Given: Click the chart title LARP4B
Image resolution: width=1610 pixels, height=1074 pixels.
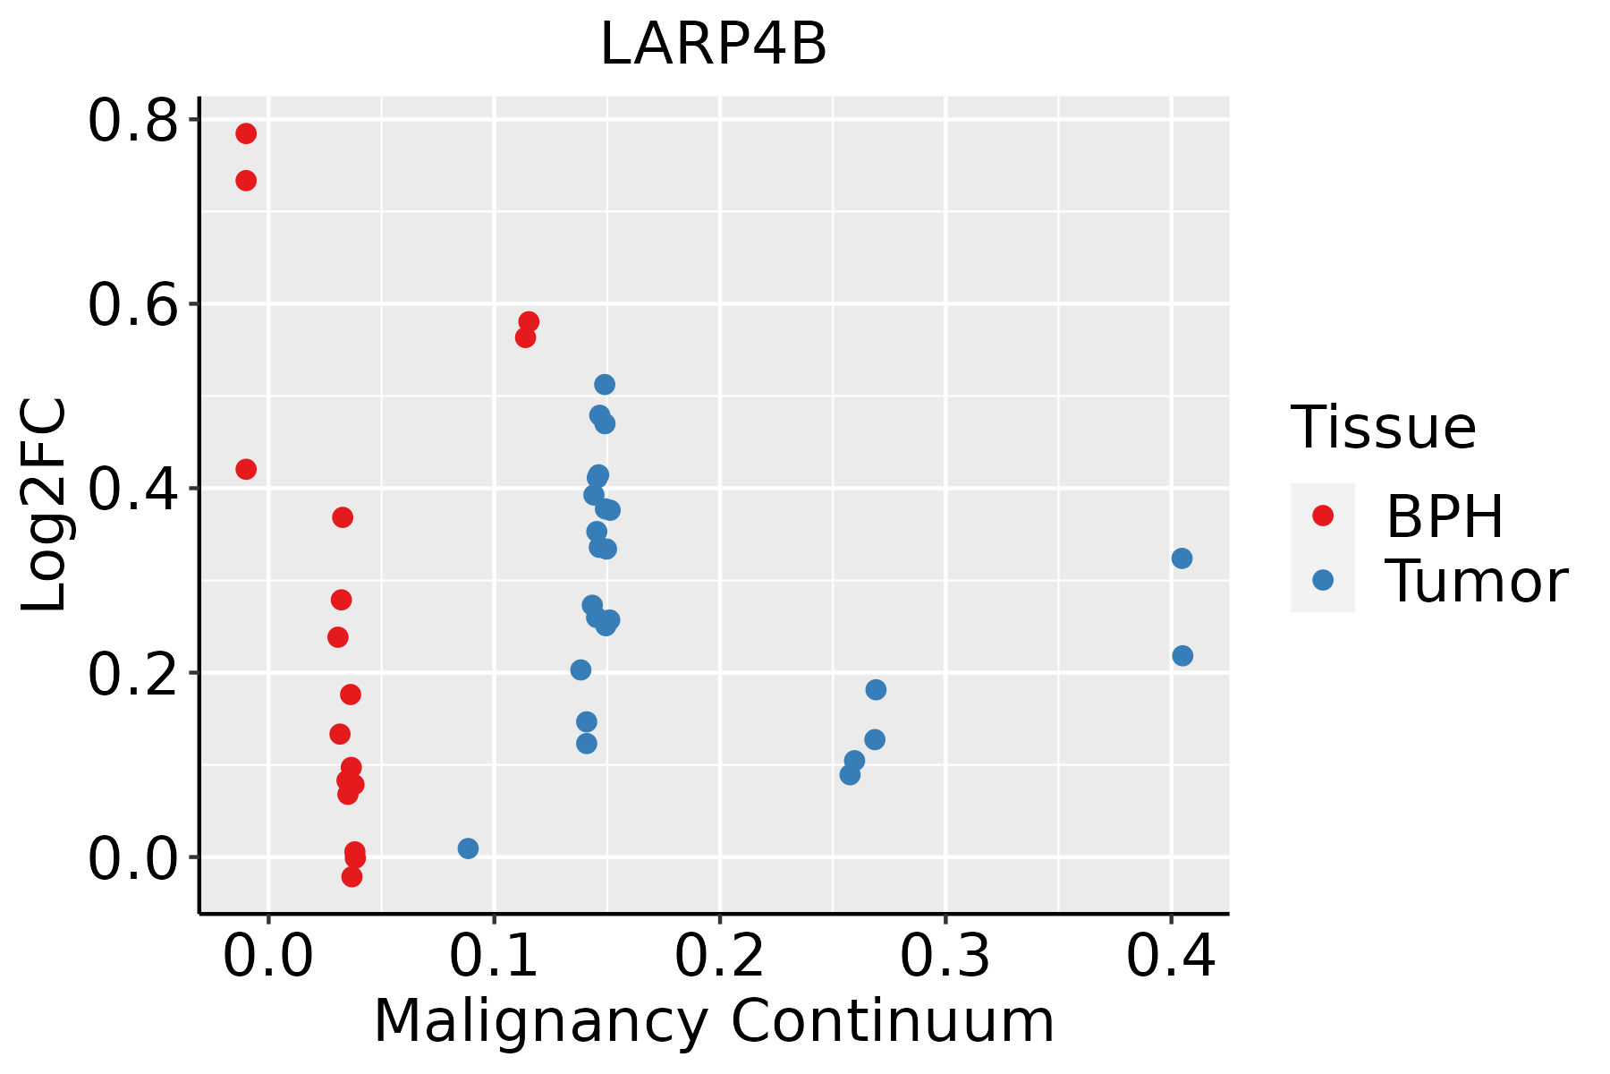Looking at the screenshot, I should click(713, 45).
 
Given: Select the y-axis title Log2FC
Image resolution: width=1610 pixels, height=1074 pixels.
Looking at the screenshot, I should click(45, 505).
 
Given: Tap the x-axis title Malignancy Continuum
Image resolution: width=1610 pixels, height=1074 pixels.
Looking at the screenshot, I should click(713, 1021).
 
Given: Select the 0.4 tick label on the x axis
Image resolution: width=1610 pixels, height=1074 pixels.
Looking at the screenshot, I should click(1170, 956).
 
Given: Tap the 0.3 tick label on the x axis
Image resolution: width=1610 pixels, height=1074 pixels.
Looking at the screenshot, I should click(945, 956).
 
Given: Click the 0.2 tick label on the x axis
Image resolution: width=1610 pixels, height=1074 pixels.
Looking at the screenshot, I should click(719, 956).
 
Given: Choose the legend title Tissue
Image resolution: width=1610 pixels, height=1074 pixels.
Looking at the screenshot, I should click(1384, 428).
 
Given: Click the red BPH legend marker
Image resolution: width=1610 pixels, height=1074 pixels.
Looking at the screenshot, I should click(1322, 515).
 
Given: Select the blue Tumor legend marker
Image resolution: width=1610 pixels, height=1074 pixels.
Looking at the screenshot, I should click(1322, 580).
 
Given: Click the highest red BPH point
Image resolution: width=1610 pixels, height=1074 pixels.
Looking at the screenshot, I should click(246, 133).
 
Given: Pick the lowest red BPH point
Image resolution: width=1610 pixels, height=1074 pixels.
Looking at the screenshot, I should click(352, 876).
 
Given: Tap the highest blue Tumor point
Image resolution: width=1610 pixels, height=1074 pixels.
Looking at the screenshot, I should click(605, 385).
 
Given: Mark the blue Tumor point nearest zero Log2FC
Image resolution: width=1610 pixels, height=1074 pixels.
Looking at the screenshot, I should click(468, 848).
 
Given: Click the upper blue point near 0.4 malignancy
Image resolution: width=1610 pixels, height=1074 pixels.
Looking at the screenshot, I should click(1182, 558).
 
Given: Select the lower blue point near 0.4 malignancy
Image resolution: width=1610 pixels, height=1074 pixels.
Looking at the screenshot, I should click(1182, 656).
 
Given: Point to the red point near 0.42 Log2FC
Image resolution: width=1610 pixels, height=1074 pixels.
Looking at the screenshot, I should click(246, 469).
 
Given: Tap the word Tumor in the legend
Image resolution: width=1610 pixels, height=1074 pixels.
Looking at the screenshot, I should click(1476, 582).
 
